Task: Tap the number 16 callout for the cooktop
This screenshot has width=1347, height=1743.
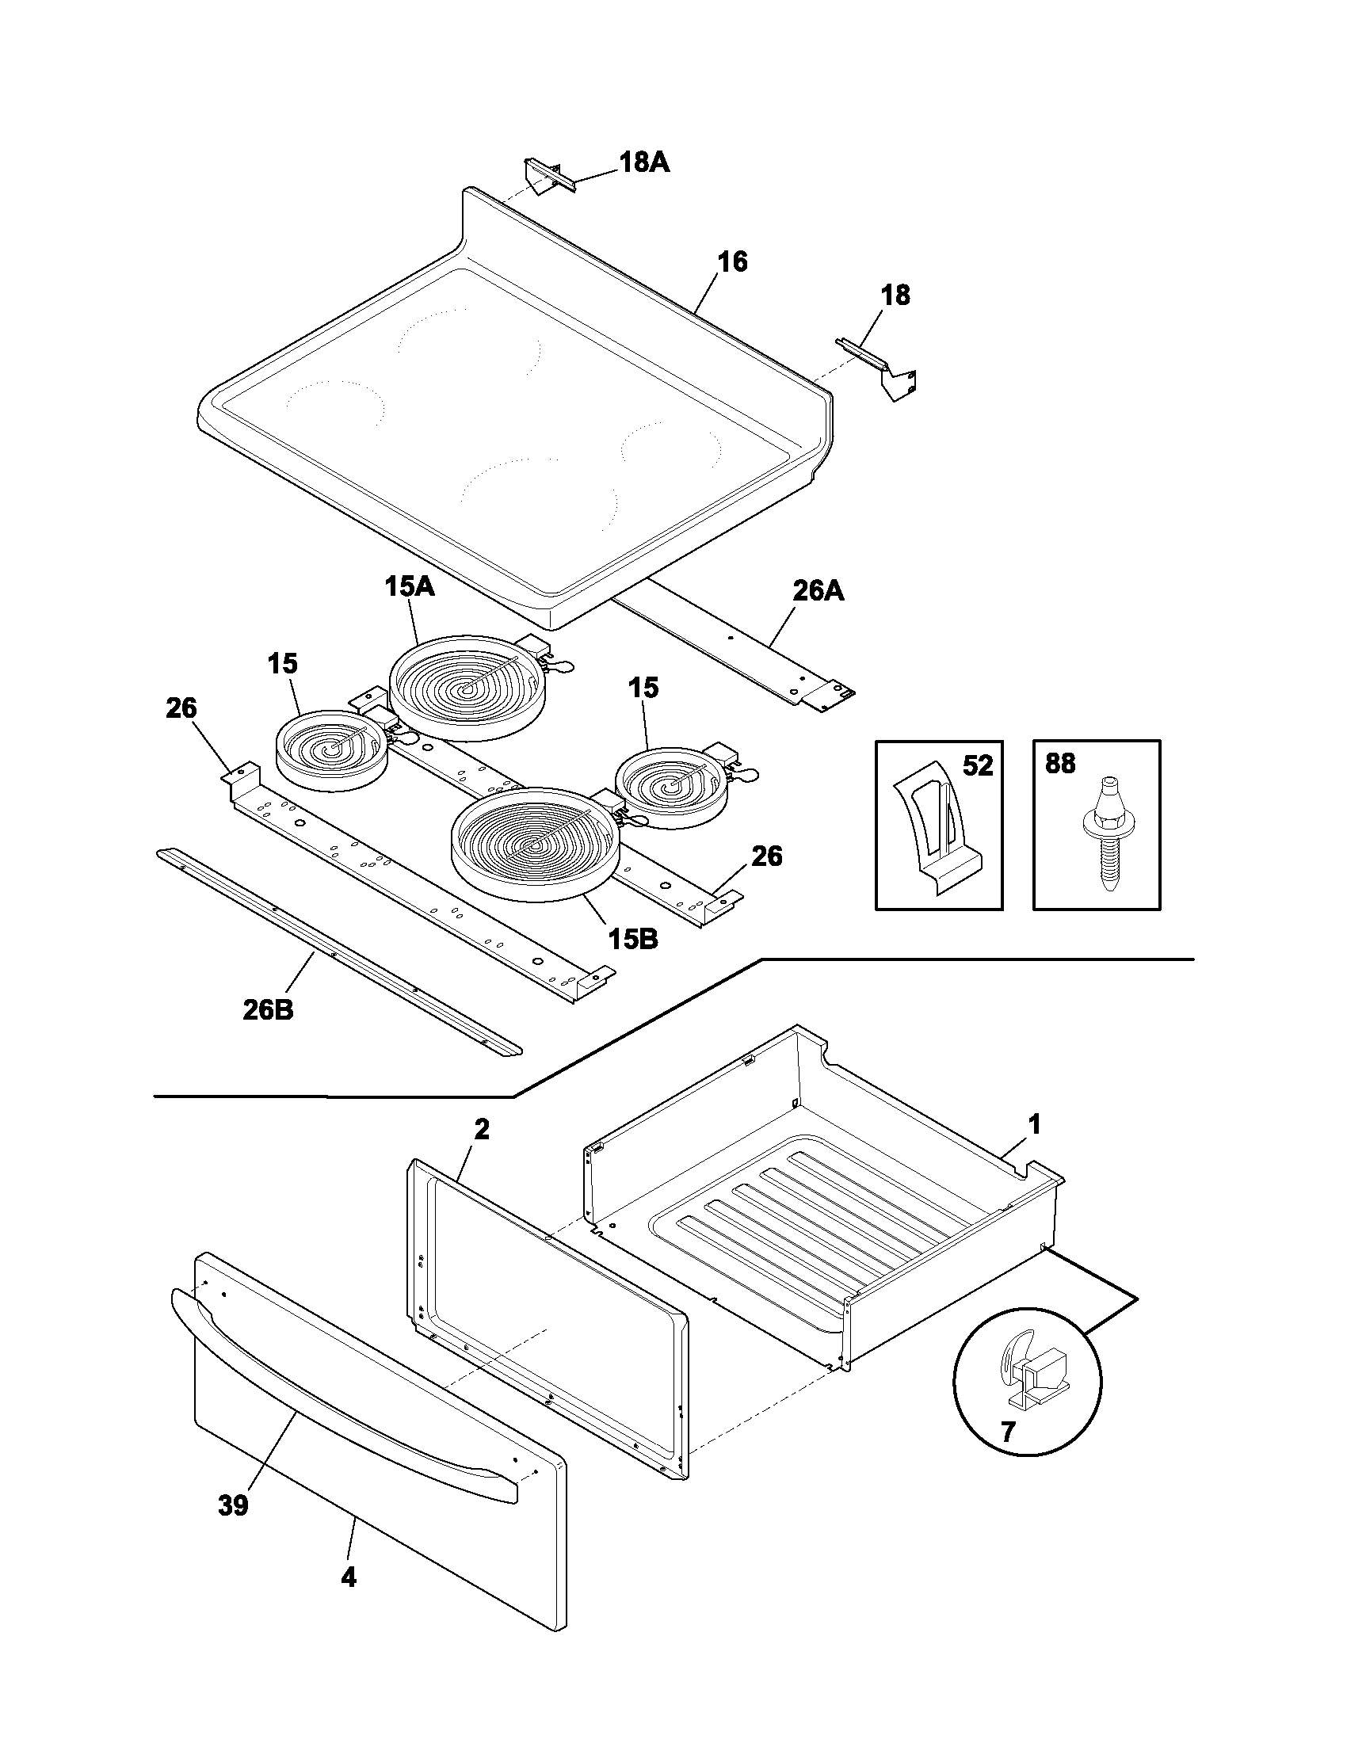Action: coord(733,261)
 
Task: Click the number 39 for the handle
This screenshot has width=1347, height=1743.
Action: coord(233,1506)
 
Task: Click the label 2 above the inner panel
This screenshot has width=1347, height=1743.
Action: coord(481,1129)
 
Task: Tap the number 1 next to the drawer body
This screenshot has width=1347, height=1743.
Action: coord(1033,1125)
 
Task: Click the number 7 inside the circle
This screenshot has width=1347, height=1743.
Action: coord(1008,1432)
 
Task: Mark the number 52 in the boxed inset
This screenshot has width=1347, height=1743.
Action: coord(977,766)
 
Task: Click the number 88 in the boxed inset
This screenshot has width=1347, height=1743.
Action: coord(1060,764)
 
